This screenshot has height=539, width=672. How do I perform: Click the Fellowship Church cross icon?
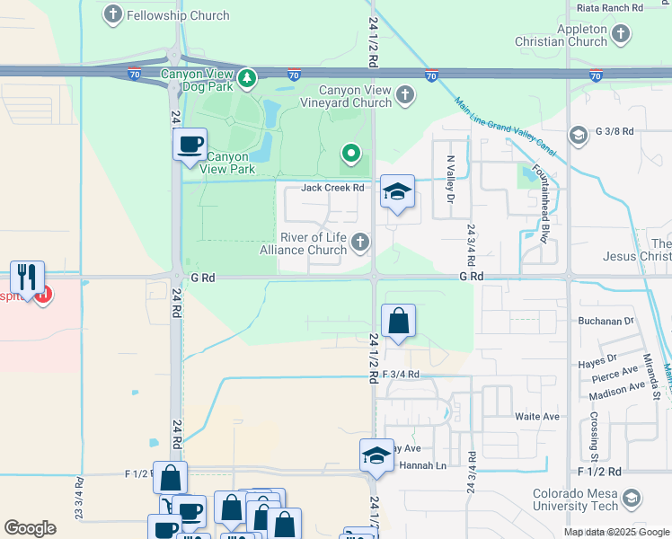click(x=113, y=14)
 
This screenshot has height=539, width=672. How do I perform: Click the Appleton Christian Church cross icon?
click(x=621, y=35)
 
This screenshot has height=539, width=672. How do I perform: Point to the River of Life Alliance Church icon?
click(x=359, y=241)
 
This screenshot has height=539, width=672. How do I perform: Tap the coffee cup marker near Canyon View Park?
click(x=190, y=145)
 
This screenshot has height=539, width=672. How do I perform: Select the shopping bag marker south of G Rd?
click(x=398, y=321)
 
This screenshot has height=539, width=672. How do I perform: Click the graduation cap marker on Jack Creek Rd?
click(x=397, y=191)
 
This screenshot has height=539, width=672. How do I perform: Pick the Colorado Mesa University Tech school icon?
click(x=632, y=499)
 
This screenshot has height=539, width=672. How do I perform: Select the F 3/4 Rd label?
click(x=401, y=375)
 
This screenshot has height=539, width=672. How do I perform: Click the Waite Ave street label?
click(x=536, y=417)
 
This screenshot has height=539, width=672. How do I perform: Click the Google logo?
click(x=30, y=528)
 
